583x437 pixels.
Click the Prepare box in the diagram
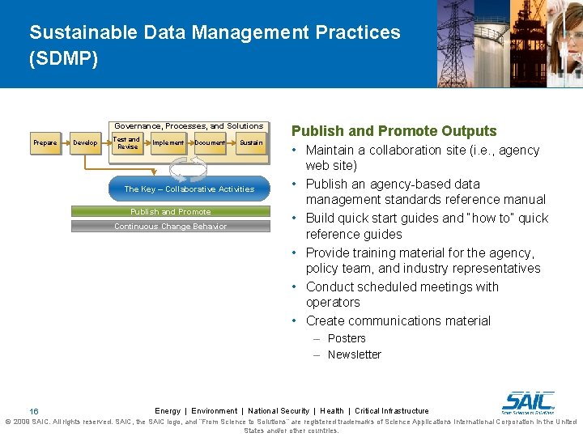pyautogui.click(x=45, y=143)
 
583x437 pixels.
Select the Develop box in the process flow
pyautogui.click(x=85, y=143)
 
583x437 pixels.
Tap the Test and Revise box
pyautogui.click(x=127, y=143)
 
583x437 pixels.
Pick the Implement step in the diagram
pyautogui.click(x=168, y=143)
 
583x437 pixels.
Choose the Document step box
pyautogui.click(x=210, y=143)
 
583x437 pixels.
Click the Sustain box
pyautogui.click(x=251, y=143)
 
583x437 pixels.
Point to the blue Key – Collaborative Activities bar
pyautogui.click(x=189, y=189)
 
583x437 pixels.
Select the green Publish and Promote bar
pyautogui.click(x=170, y=212)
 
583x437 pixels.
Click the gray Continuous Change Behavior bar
pyautogui.click(x=170, y=227)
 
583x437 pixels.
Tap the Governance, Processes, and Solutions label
pyautogui.click(x=189, y=126)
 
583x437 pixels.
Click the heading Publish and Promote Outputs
pyautogui.click(x=394, y=131)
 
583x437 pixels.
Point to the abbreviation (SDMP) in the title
pyautogui.click(x=63, y=60)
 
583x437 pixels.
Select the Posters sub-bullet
pyautogui.click(x=347, y=338)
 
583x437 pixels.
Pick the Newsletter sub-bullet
pyautogui.click(x=354, y=354)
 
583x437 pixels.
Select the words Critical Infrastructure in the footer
pyautogui.click(x=392, y=411)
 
